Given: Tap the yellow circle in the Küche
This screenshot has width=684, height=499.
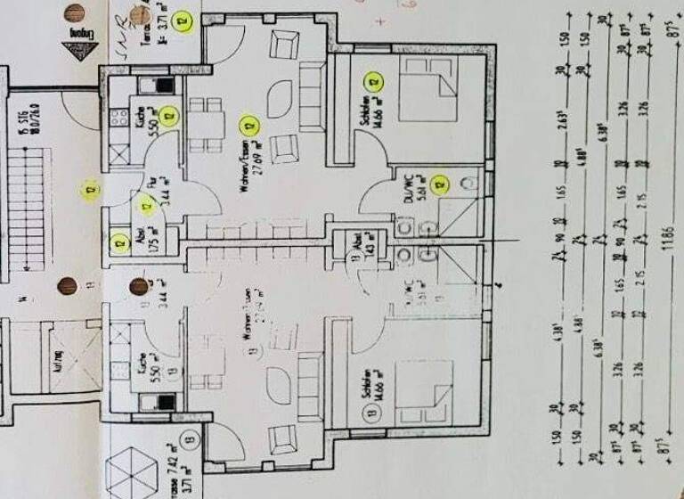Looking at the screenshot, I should point(169,114).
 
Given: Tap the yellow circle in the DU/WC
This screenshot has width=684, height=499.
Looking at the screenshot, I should point(438,185).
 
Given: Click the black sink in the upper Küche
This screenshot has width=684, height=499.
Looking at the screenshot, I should point(166,86).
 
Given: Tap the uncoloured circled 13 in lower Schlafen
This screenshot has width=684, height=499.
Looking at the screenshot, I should point(368,412).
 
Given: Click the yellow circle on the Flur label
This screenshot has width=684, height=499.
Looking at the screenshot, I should point(147,209).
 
